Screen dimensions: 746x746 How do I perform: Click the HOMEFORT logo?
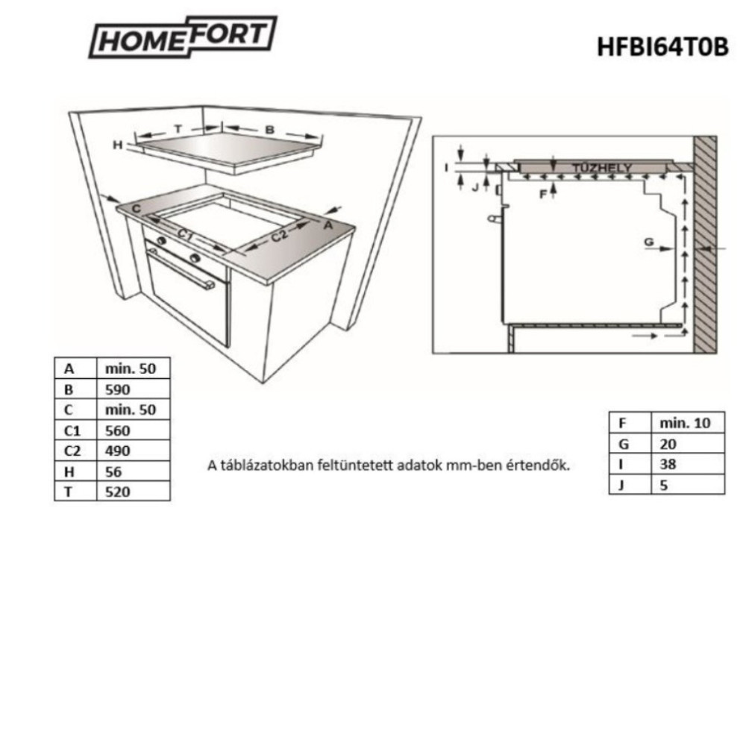click(183, 37)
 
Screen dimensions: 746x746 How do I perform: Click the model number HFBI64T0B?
click(662, 46)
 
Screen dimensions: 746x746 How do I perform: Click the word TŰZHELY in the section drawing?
click(602, 167)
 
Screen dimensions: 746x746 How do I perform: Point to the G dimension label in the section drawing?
click(648, 242)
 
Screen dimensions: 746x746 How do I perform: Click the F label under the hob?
click(542, 193)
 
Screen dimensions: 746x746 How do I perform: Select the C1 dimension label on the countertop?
click(186, 236)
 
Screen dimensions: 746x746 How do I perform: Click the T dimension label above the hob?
click(178, 128)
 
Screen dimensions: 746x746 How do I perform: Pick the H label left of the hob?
click(117, 145)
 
